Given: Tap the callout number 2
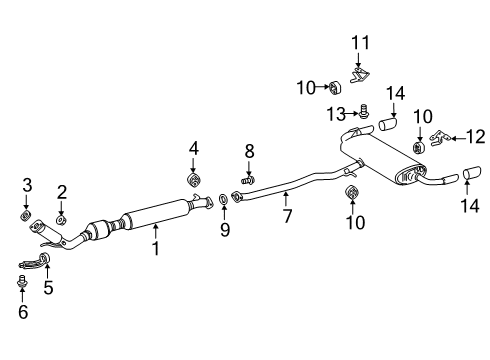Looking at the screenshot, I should (x=61, y=192).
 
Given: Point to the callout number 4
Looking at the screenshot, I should (x=193, y=149).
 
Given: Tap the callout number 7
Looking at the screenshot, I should (x=287, y=214).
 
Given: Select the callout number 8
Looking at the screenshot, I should (x=250, y=151).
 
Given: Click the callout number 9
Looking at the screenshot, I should (x=224, y=230).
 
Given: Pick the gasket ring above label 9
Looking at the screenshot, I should (x=222, y=201).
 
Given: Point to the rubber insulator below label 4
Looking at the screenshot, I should (x=193, y=179).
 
